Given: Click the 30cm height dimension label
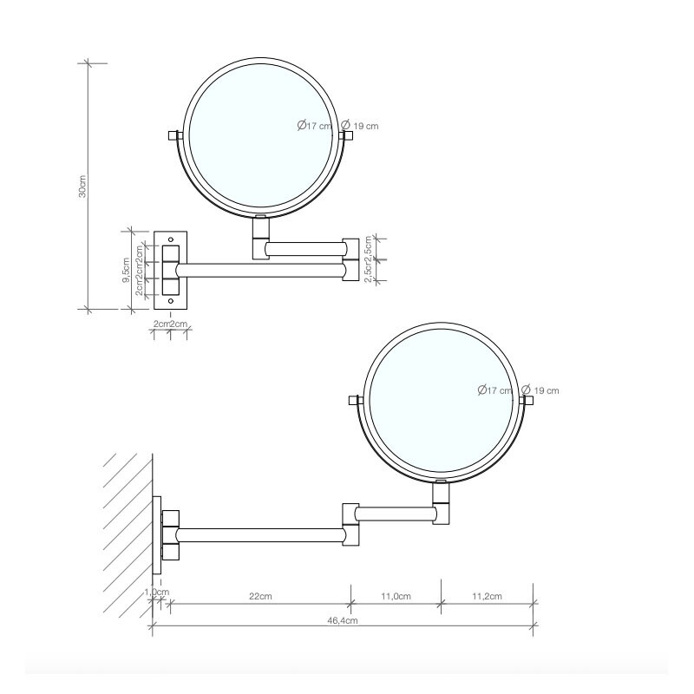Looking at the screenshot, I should click(x=82, y=187).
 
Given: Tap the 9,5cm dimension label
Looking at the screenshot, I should click(x=127, y=270).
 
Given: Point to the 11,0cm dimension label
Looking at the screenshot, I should click(x=396, y=596).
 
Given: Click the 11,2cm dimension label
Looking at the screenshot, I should click(x=487, y=596).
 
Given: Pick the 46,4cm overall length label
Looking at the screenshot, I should click(x=343, y=620).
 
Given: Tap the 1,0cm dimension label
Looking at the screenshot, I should click(x=157, y=592).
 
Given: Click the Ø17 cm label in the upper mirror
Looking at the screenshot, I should click(x=314, y=126).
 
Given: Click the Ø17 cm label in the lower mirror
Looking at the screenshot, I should click(x=495, y=390).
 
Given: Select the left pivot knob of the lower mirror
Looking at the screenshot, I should click(x=354, y=401).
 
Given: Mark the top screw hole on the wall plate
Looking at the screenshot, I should click(x=170, y=237).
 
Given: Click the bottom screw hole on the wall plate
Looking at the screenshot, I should click(x=170, y=301).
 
